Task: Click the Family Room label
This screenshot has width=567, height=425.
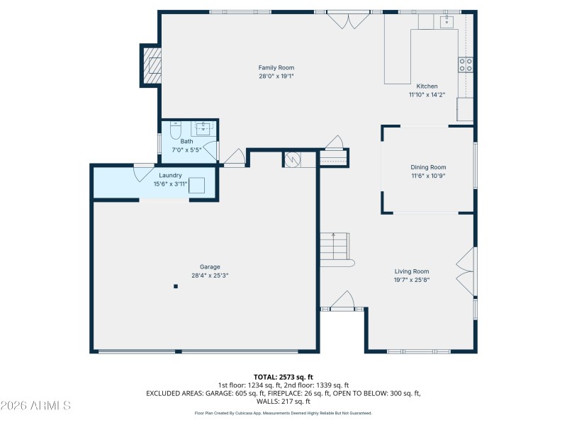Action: click(x=276, y=68)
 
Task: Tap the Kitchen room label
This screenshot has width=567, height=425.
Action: click(x=427, y=86)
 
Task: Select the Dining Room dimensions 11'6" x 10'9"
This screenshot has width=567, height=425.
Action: click(x=428, y=176)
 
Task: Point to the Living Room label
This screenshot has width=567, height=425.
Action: click(x=412, y=271)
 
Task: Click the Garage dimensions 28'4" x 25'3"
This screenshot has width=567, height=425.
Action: click(x=210, y=276)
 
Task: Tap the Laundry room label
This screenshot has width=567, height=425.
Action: click(x=170, y=175)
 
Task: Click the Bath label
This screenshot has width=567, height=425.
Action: click(x=186, y=142)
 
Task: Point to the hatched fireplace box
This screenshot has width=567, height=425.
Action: click(x=152, y=64)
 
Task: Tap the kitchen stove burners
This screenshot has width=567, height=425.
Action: click(x=466, y=65)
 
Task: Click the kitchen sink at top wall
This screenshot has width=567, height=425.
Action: click(x=447, y=22)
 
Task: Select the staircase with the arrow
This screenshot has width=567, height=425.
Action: click(x=335, y=248)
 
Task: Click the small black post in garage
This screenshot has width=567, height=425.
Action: click(x=176, y=286)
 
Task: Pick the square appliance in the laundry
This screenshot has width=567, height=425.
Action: click(x=197, y=186)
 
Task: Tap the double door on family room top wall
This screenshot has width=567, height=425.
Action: click(x=347, y=19)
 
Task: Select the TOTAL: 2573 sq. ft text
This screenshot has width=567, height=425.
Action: click(x=283, y=376)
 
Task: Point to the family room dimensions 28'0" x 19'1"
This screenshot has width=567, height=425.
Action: click(x=276, y=76)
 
